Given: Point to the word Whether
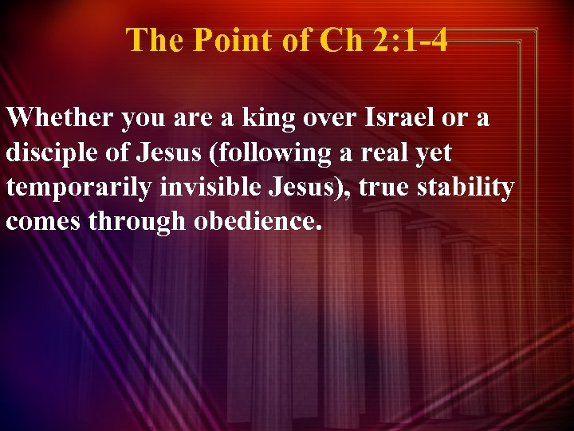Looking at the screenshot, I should [61, 119].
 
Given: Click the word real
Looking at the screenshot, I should [390, 154].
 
